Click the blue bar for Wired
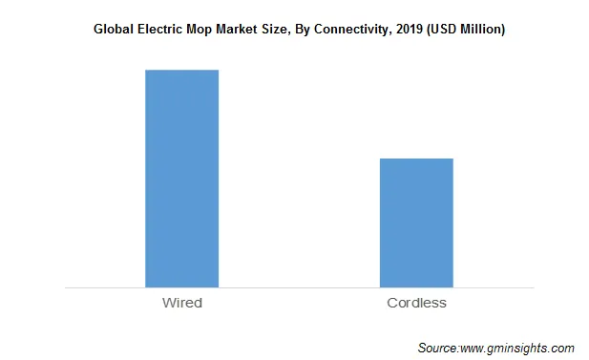click(181, 178)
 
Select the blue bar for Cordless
click(416, 222)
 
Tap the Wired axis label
click(181, 303)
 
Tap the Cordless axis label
click(416, 303)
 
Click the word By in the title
click(320, 31)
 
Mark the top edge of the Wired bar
click(181, 70)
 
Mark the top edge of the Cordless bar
click(416, 159)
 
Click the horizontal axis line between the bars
click(299, 286)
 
